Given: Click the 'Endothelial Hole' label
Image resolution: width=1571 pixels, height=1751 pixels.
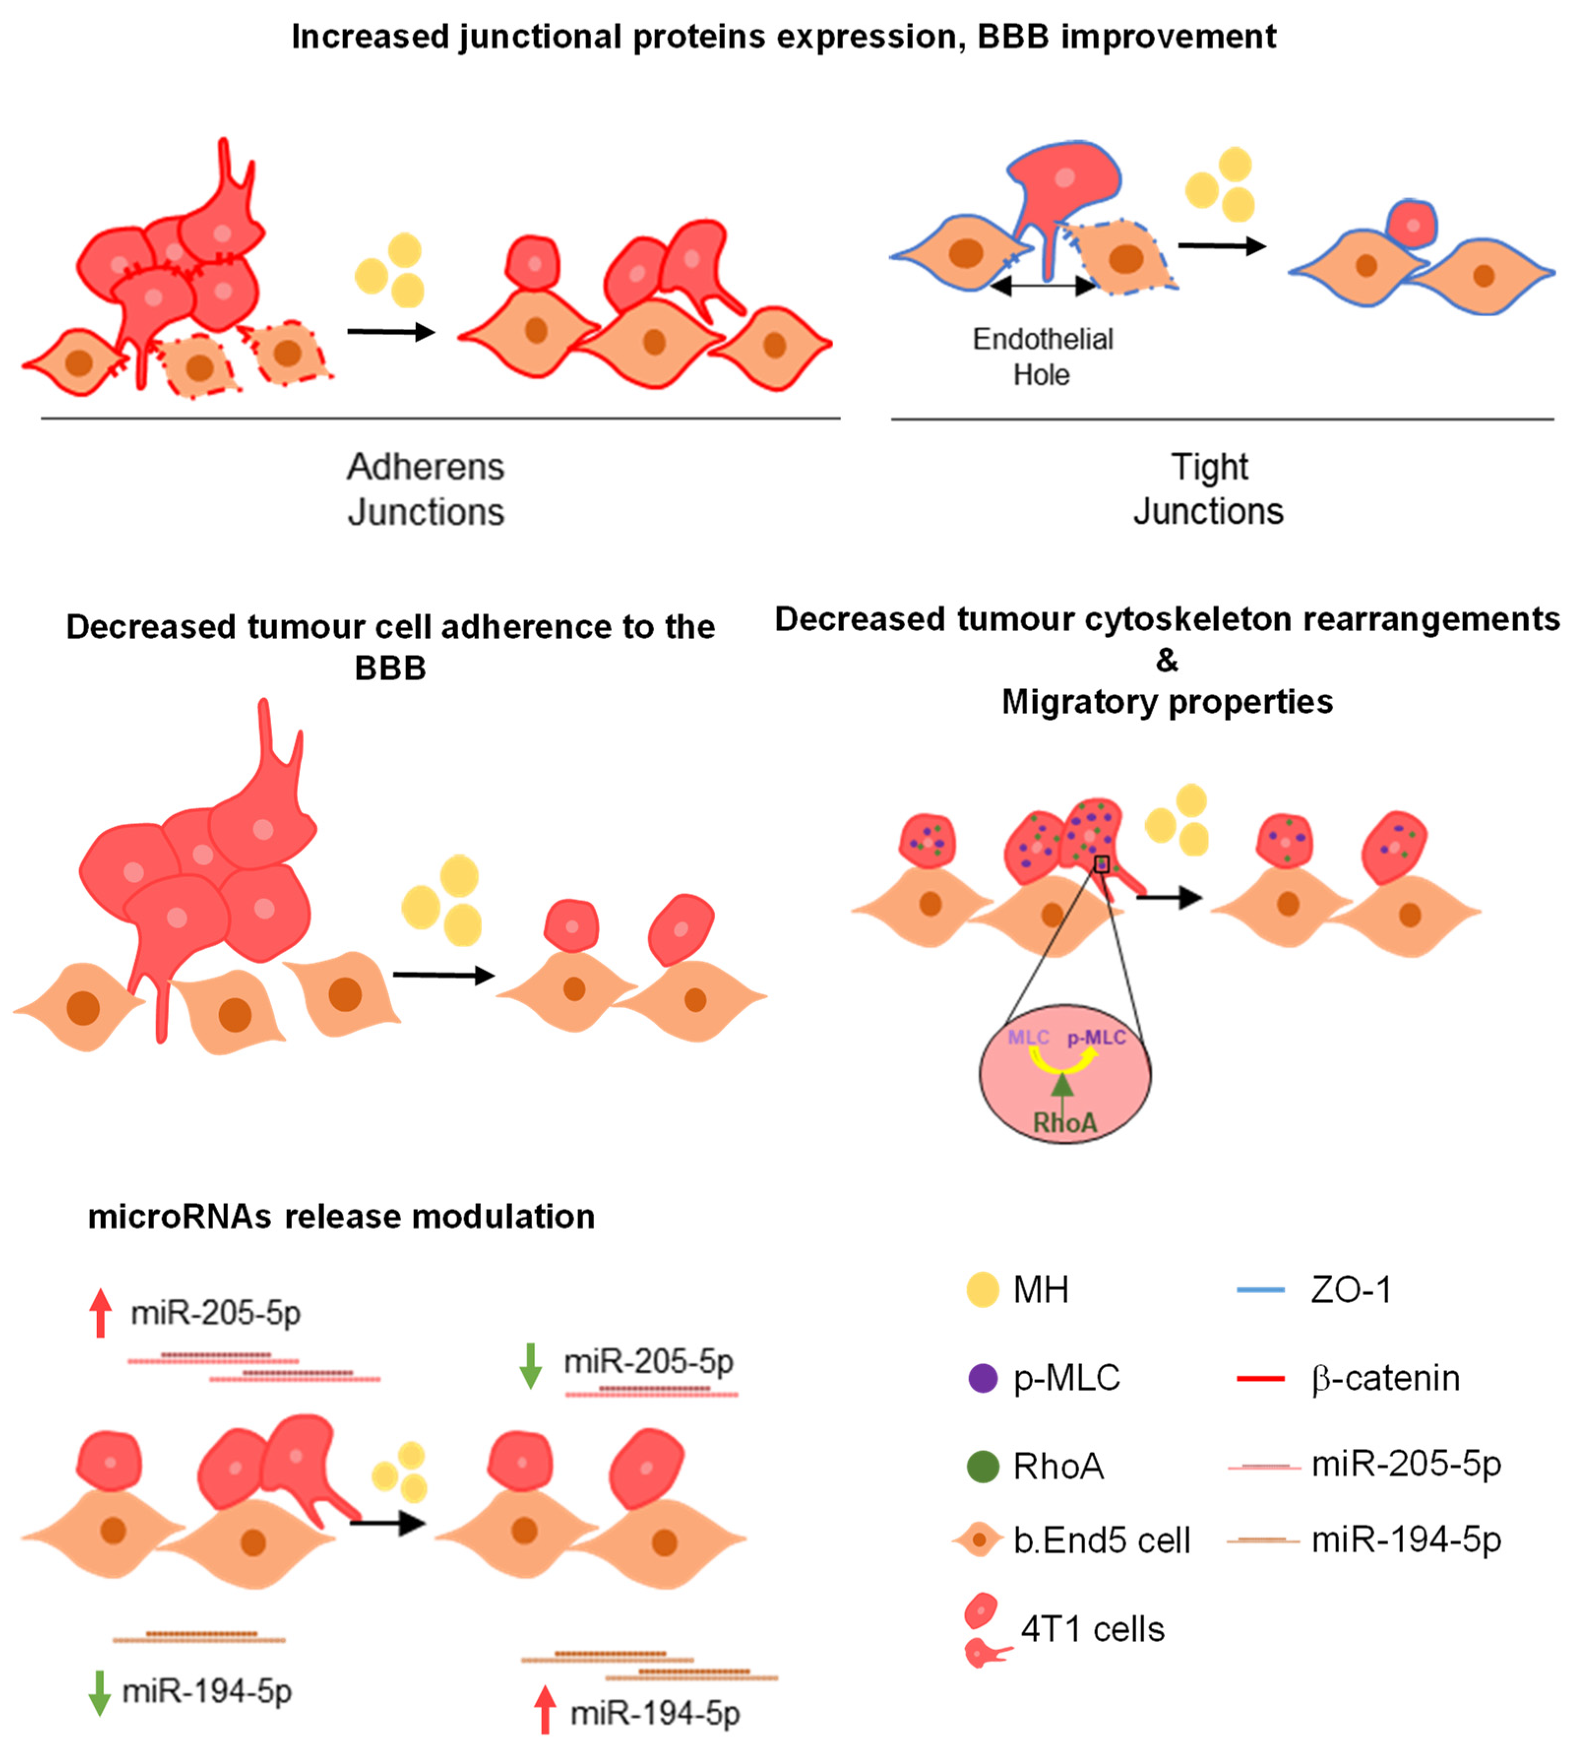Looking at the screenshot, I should point(1042,356).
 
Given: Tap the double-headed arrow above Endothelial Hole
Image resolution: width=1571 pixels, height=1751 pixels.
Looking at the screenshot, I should point(1043,286).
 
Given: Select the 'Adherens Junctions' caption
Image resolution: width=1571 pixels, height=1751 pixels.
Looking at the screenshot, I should point(426,489).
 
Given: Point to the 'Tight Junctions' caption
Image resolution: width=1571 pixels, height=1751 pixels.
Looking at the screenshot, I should point(1208,489).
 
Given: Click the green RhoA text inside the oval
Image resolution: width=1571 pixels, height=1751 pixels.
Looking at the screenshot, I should point(1065,1122).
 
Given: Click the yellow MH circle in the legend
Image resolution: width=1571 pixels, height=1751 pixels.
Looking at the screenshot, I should point(983,1290).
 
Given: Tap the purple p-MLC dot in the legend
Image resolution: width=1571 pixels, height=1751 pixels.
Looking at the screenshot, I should point(983,1378).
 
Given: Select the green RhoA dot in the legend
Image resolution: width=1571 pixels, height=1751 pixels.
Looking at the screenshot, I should point(983,1466).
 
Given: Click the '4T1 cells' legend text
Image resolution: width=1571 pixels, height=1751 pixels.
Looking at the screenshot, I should point(1092,1629).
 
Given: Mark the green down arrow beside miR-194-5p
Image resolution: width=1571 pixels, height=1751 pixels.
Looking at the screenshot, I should point(99,1692).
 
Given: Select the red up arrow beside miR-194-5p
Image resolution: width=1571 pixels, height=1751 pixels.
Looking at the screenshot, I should point(545,1710).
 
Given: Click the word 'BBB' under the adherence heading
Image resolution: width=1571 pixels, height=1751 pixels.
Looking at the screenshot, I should point(390,669).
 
